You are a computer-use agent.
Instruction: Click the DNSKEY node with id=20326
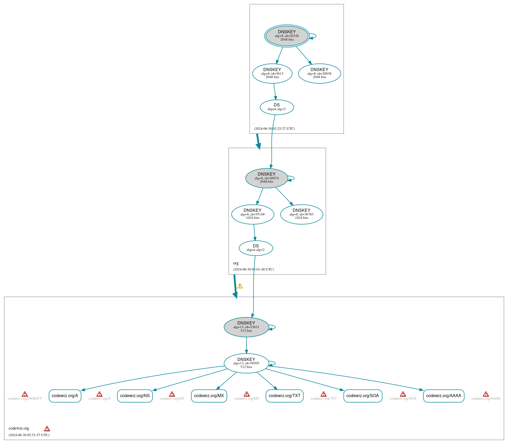click(x=287, y=36)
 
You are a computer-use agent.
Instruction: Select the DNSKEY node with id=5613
click(x=272, y=73)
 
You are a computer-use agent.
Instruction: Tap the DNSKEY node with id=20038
click(x=319, y=73)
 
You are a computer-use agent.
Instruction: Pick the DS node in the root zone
click(x=277, y=107)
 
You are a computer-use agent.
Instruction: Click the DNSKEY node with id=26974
click(x=266, y=178)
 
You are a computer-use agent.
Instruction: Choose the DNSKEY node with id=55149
click(x=253, y=214)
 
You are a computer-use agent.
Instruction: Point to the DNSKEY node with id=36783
click(x=301, y=214)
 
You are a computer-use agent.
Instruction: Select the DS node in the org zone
click(x=256, y=248)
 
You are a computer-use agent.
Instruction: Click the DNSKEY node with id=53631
click(x=246, y=327)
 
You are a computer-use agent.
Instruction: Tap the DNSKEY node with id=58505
click(x=246, y=363)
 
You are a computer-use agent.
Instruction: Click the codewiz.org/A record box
click(x=65, y=396)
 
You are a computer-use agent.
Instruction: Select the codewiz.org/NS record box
click(x=135, y=396)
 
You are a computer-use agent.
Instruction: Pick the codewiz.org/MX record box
click(x=209, y=396)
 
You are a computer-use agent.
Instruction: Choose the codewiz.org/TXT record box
click(x=285, y=396)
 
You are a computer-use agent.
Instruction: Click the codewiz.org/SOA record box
click(x=363, y=396)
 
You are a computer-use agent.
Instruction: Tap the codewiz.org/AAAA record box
click(x=443, y=396)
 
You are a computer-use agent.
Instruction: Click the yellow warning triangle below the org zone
click(x=240, y=286)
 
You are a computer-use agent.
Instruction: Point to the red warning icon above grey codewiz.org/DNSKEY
click(x=25, y=394)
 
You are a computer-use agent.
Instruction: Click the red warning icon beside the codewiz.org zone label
click(x=47, y=429)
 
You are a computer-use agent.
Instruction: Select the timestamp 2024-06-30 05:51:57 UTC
click(x=29, y=435)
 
